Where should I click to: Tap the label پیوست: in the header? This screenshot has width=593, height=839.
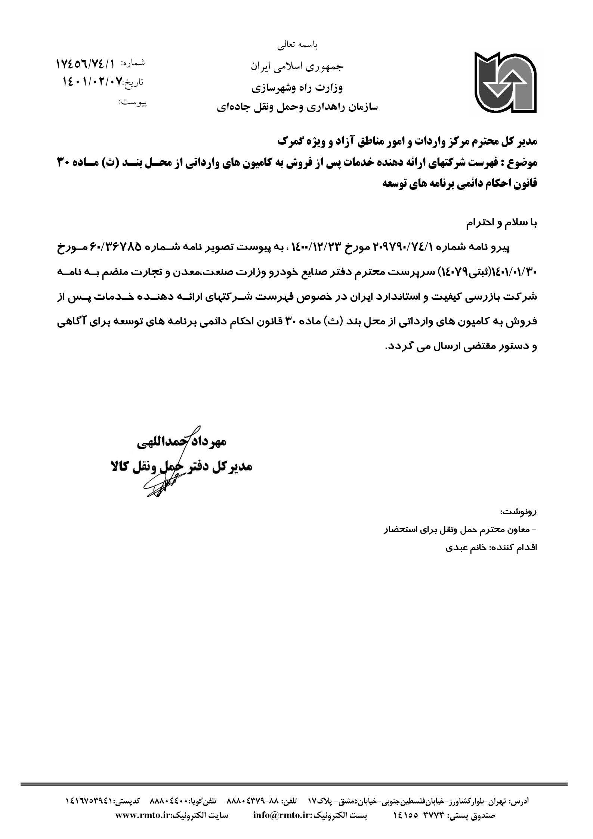pos(133,102)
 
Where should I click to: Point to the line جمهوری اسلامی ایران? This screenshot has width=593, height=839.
pos(297,67)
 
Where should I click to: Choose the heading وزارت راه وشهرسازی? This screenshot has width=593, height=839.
pos(297,88)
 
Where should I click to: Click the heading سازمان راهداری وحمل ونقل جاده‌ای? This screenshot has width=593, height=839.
pos(297,108)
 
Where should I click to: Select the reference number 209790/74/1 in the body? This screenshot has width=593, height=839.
pos(405,247)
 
